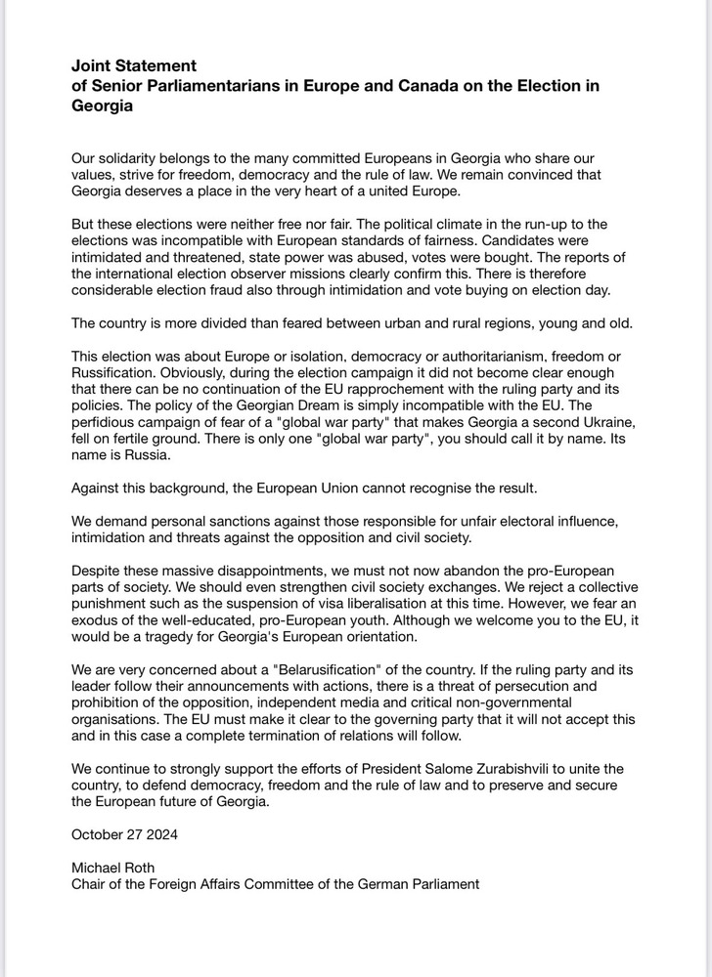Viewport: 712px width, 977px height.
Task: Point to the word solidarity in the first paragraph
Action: (135, 157)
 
